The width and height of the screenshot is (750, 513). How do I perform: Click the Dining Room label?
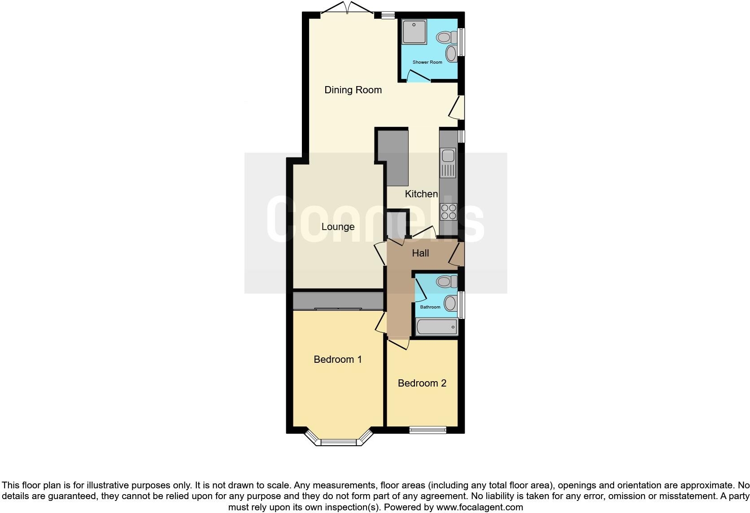click(353, 90)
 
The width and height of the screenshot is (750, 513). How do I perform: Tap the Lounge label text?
click(338, 227)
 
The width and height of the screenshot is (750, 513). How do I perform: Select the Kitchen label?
click(421, 194)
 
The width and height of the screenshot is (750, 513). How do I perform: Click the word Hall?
click(420, 253)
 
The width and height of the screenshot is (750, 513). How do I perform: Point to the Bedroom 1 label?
click(337, 360)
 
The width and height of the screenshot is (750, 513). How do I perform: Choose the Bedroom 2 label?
click(422, 383)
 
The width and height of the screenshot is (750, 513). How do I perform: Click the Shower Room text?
click(427, 62)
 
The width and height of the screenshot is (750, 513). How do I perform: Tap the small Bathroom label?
click(430, 307)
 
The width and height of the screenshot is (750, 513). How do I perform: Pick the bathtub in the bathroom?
click(437, 327)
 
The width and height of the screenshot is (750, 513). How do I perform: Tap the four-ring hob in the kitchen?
click(449, 212)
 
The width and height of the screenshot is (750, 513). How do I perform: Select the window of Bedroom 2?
click(428, 430)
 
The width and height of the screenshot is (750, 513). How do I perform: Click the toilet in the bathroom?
click(446, 282)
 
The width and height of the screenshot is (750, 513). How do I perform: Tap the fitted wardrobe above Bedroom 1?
click(338, 301)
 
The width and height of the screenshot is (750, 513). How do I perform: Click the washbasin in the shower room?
click(450, 54)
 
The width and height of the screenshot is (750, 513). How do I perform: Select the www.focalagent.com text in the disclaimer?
click(479, 508)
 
